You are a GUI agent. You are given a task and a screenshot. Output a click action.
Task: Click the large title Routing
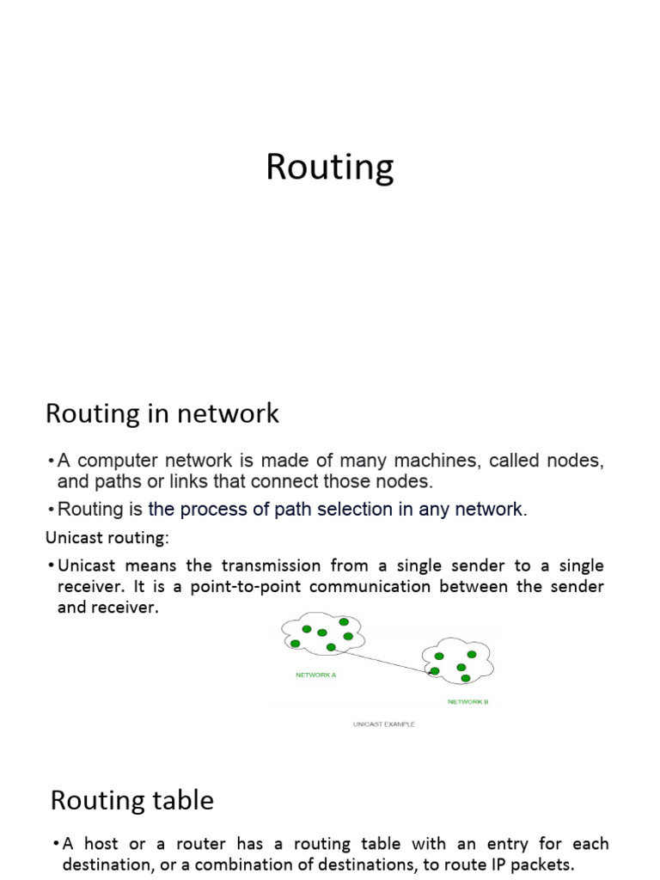click(x=329, y=168)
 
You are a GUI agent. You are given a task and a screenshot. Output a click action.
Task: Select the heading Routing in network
click(x=162, y=413)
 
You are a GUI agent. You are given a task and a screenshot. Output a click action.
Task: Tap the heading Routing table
click(x=131, y=800)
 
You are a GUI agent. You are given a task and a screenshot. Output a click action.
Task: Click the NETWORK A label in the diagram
click(x=315, y=675)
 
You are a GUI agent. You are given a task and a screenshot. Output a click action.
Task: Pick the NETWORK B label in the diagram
click(x=468, y=701)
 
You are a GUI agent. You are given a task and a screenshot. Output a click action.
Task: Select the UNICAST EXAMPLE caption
click(x=383, y=724)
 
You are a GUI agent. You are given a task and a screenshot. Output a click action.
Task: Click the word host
click(x=102, y=843)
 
